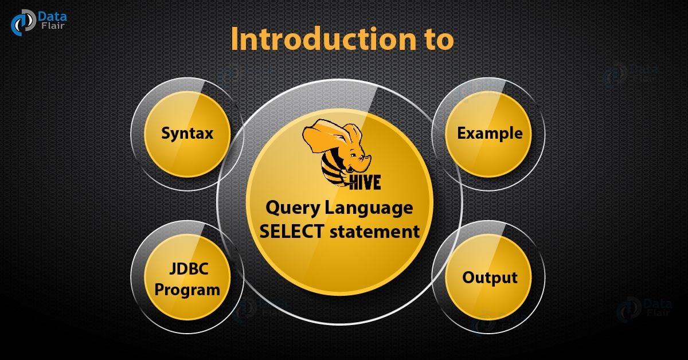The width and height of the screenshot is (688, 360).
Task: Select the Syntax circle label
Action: (187, 134)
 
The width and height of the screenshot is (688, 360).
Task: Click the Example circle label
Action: (490, 134)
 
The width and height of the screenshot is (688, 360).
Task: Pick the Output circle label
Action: (490, 278)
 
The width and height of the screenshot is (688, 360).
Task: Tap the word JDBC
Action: (187, 271)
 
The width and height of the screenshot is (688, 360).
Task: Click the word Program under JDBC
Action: (187, 289)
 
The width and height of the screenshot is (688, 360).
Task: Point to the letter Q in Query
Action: (272, 208)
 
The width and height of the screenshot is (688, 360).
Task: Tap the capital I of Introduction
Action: (235, 41)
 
